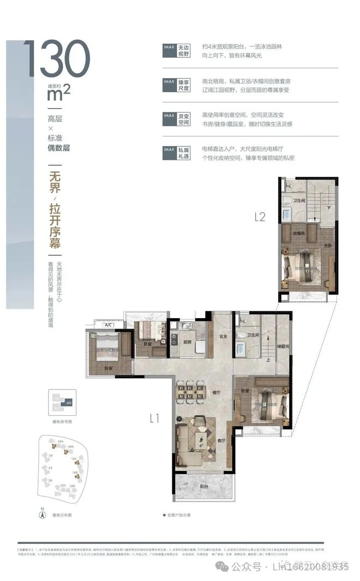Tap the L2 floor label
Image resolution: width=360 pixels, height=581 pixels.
coord(260,217)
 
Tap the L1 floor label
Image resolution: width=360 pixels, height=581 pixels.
coord(154,418)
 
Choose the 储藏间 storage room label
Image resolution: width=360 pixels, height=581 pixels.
coord(281,346)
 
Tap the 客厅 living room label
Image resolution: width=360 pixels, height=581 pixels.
coord(221,440)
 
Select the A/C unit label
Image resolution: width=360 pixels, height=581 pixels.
coord(108,325)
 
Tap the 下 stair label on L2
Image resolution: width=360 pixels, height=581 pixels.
coord(328,207)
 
